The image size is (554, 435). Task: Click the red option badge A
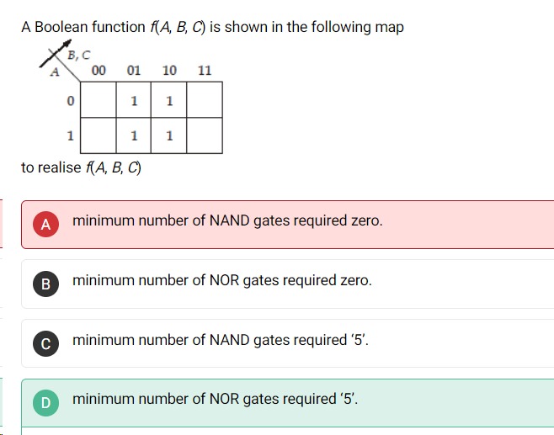pyautogui.click(x=46, y=224)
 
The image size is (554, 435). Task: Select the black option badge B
pyautogui.click(x=46, y=284)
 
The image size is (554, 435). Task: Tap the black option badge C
pyautogui.click(x=46, y=342)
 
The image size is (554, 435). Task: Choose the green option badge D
pyautogui.click(x=46, y=403)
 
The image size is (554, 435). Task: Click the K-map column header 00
pyautogui.click(x=99, y=71)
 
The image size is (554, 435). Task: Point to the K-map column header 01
pyautogui.click(x=134, y=71)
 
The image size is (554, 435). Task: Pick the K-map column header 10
pyautogui.click(x=169, y=71)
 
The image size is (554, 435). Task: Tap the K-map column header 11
pyautogui.click(x=205, y=71)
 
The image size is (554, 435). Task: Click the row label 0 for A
pyautogui.click(x=70, y=101)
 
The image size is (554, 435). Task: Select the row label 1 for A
pyautogui.click(x=70, y=135)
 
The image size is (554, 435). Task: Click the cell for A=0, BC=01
pyautogui.click(x=134, y=100)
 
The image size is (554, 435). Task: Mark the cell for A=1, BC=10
pyautogui.click(x=169, y=135)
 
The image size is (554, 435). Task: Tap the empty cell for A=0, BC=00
pyautogui.click(x=99, y=100)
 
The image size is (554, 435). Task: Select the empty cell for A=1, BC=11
pyautogui.click(x=205, y=135)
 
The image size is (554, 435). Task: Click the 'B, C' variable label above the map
pyautogui.click(x=78, y=56)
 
